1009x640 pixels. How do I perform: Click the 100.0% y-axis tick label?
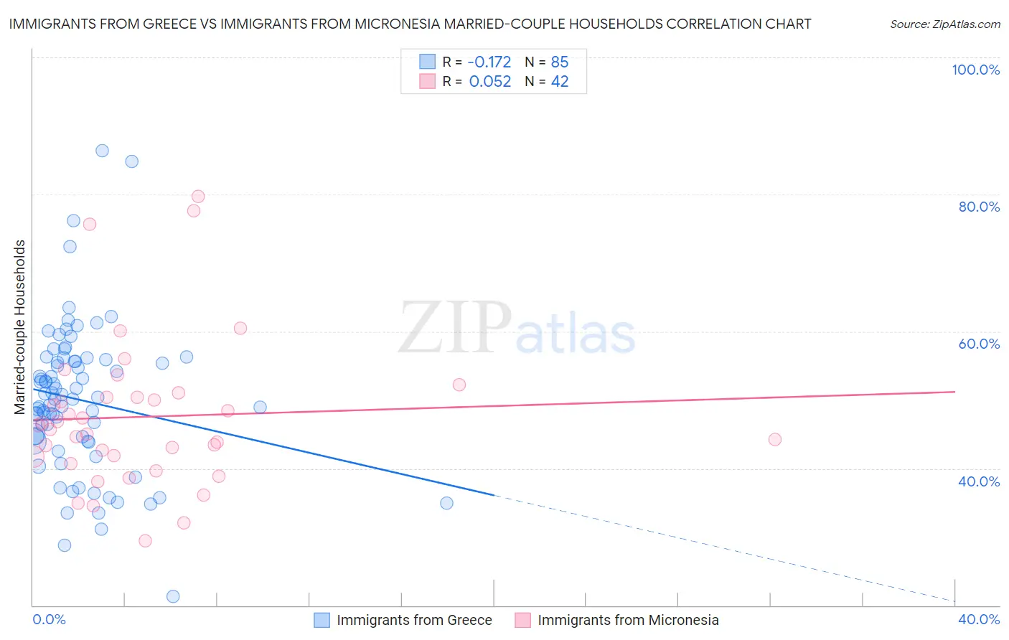click(975, 70)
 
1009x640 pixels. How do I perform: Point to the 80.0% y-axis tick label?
click(979, 207)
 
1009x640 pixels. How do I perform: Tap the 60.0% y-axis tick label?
click(979, 344)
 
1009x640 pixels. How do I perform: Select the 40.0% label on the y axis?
click(979, 481)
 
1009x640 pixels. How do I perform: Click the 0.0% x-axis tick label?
click(49, 619)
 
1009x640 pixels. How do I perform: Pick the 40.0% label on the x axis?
click(979, 619)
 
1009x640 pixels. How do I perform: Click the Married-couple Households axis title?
click(20, 327)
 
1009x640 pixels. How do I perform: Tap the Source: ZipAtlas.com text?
click(944, 24)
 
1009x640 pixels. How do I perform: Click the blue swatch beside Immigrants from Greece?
click(322, 620)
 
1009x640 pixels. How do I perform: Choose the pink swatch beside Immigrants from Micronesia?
click(523, 620)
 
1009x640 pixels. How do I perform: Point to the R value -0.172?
click(489, 62)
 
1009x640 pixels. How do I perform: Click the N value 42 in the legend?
click(560, 82)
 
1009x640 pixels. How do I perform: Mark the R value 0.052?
click(489, 82)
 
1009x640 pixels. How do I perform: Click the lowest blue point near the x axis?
click(173, 596)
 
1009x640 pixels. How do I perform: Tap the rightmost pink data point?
click(774, 439)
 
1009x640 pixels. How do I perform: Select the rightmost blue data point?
click(446, 503)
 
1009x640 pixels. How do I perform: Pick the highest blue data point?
click(102, 151)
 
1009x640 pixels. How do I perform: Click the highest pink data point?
click(198, 197)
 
